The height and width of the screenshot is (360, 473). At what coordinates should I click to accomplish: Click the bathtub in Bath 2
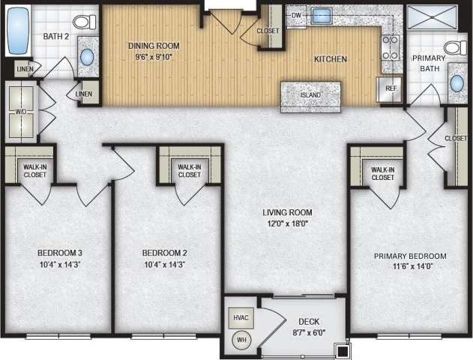[16, 32]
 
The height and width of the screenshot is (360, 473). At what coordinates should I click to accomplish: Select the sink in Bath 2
[88, 57]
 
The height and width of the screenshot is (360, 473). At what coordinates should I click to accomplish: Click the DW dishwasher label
[296, 15]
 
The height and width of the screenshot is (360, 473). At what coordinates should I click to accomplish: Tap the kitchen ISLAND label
[310, 95]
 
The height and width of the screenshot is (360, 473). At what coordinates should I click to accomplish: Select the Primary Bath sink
[457, 82]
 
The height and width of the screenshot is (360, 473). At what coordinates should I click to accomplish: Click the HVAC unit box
[241, 317]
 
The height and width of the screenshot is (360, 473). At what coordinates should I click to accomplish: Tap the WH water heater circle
[241, 340]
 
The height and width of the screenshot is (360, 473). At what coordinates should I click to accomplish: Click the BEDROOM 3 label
[58, 253]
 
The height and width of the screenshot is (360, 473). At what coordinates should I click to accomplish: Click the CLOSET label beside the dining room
[268, 31]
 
